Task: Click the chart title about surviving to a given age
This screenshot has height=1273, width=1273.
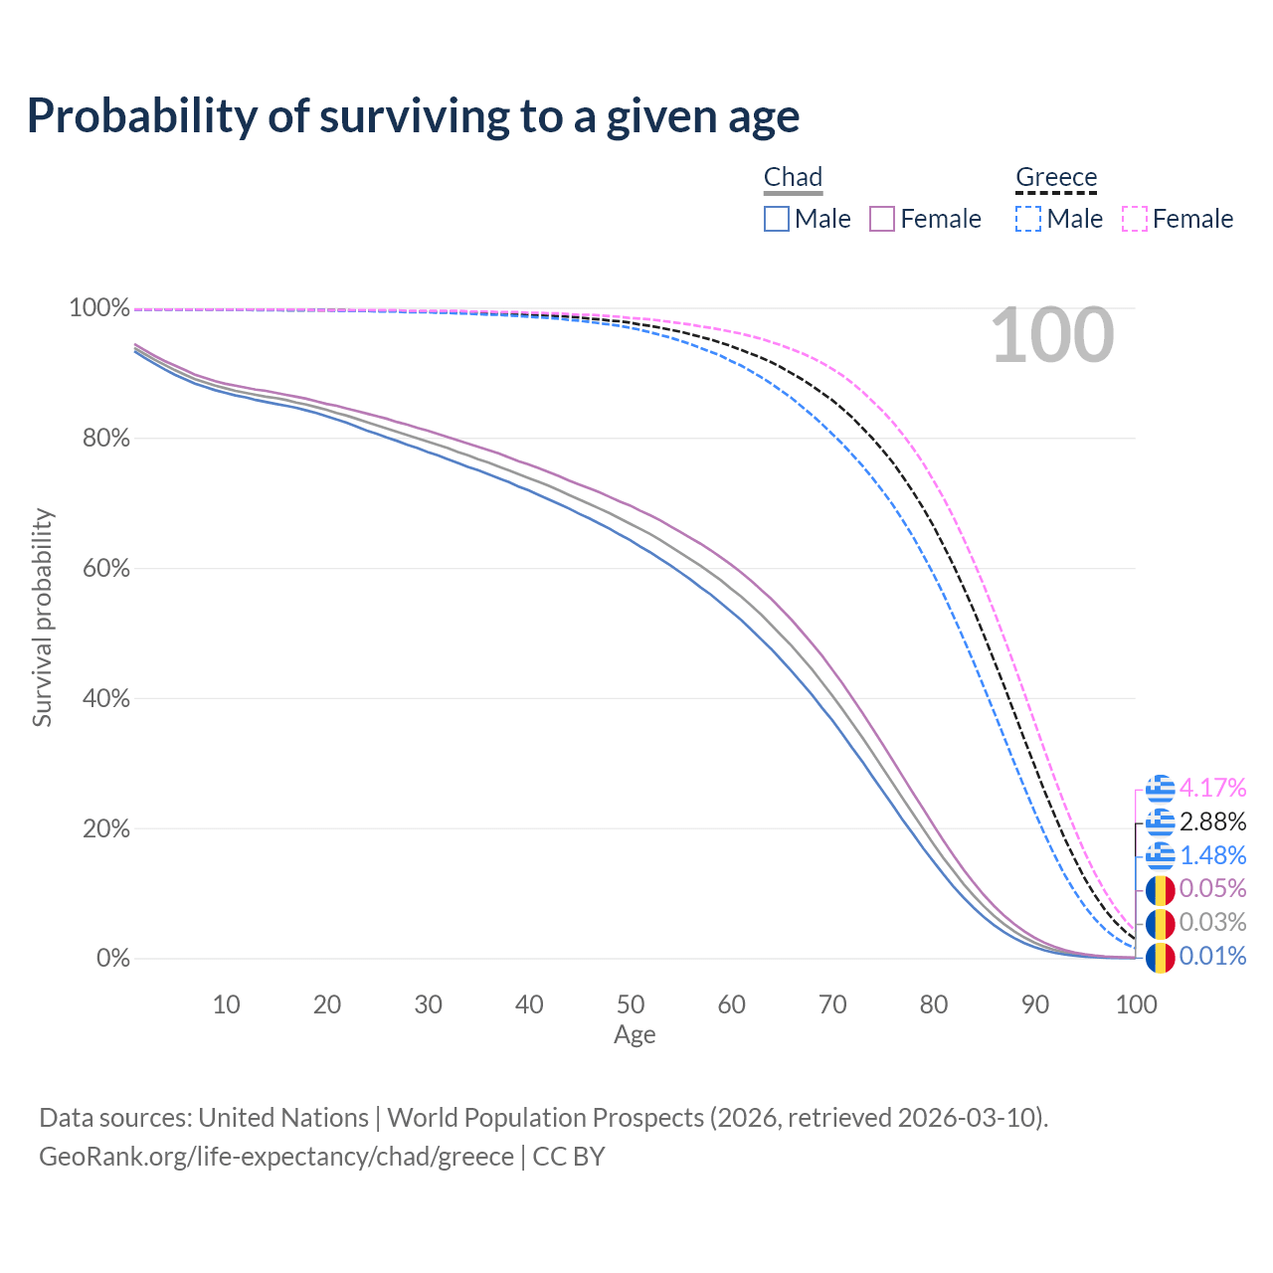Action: click(x=413, y=116)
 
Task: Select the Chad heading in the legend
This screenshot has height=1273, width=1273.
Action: click(x=793, y=177)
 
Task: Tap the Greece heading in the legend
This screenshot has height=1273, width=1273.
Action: click(x=1056, y=177)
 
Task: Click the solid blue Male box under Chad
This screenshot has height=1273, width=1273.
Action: click(x=777, y=219)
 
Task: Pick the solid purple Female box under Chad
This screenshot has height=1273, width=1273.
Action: click(x=882, y=219)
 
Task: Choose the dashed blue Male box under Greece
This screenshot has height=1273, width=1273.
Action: click(x=1028, y=219)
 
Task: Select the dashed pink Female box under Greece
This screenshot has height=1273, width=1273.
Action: click(x=1135, y=219)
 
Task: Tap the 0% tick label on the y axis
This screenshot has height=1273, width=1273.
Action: click(x=112, y=959)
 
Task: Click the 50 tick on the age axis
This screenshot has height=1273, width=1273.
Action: click(x=631, y=1004)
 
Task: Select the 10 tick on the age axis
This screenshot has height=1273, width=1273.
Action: click(x=227, y=1004)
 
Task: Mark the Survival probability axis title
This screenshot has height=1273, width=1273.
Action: click(x=42, y=618)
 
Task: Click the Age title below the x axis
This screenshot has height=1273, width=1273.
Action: click(x=635, y=1035)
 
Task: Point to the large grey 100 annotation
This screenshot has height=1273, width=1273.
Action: click(x=1052, y=336)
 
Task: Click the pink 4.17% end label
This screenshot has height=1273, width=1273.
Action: click(x=1212, y=789)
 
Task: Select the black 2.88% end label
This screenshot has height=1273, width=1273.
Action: click(x=1212, y=822)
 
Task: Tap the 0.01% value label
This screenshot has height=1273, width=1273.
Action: click(x=1212, y=957)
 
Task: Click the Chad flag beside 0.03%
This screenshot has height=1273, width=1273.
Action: click(x=1160, y=924)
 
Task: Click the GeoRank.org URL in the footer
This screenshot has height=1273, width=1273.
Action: click(x=276, y=1157)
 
